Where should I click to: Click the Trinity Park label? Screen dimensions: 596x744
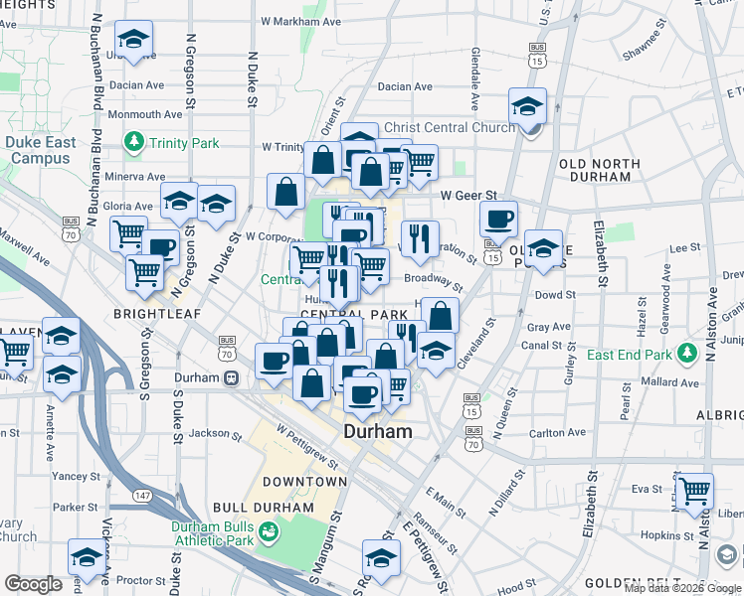(x=184, y=143)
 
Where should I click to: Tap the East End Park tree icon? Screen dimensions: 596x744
(x=686, y=354)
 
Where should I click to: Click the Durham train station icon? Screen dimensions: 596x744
(x=231, y=377)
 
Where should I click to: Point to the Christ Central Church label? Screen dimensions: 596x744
(x=449, y=127)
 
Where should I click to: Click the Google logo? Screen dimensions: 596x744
(x=33, y=584)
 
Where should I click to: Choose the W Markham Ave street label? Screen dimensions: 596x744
(x=300, y=20)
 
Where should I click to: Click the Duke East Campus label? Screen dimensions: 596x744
(x=40, y=150)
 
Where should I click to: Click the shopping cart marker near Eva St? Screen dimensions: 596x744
(x=693, y=490)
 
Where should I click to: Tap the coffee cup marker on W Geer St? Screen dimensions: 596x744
(x=498, y=219)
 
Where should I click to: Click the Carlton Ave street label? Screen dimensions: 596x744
(x=558, y=433)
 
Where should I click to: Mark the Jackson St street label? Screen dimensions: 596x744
(x=210, y=433)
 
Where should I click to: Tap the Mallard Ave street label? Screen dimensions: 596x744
(x=670, y=381)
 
